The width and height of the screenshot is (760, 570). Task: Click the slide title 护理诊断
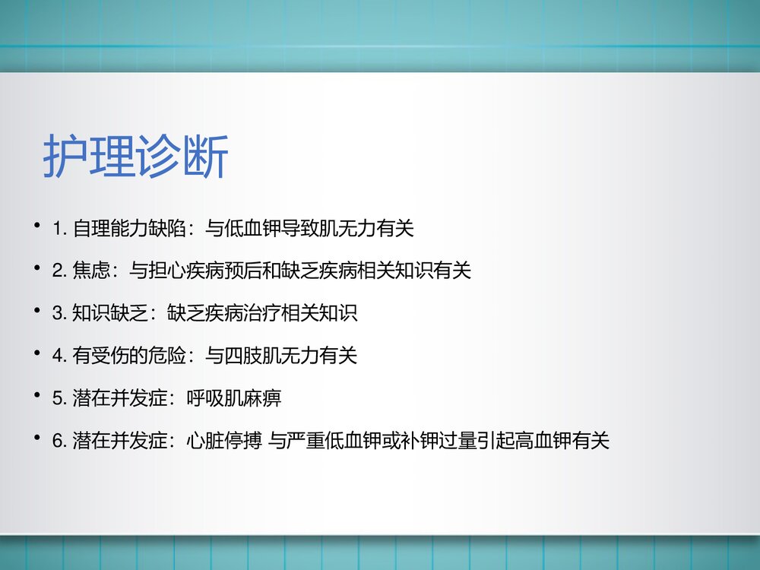pos(135,158)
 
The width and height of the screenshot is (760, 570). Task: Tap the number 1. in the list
pos(61,228)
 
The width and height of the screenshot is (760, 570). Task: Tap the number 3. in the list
pos(61,313)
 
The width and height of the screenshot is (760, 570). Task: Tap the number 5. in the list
pos(61,398)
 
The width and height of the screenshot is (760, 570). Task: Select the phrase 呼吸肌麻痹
pos(234,398)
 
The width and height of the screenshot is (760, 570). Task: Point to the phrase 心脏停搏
pos(225,441)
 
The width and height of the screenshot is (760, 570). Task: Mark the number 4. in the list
pos(61,356)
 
